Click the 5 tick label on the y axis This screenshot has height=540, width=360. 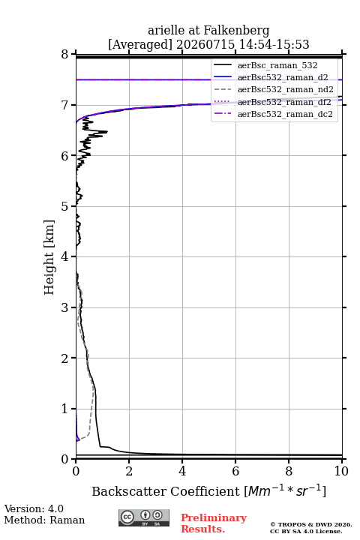pyautogui.click(x=65, y=206)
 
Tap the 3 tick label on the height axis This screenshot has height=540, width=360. pyautogui.click(x=65, y=307)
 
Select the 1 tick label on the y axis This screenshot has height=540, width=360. pyautogui.click(x=65, y=409)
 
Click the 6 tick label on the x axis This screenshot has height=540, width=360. pyautogui.click(x=235, y=471)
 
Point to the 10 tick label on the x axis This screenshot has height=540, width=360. pyautogui.click(x=342, y=471)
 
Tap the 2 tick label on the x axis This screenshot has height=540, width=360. pyautogui.click(x=129, y=471)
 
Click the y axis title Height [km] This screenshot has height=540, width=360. pyautogui.click(x=49, y=257)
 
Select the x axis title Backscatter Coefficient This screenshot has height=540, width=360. pyautogui.click(x=166, y=491)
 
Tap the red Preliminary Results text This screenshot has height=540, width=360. pyautogui.click(x=214, y=523)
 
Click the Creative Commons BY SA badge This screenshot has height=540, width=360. pyautogui.click(x=144, y=517)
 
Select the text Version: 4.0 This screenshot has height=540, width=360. pyautogui.click(x=34, y=508)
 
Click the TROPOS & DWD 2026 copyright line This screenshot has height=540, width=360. pyautogui.click(x=310, y=524)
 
